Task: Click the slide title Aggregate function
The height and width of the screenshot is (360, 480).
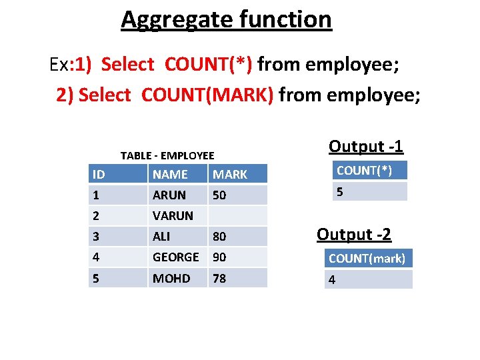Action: (226, 19)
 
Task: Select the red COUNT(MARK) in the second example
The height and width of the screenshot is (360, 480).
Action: (207, 95)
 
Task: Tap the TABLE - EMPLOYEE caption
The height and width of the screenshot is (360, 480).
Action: (167, 155)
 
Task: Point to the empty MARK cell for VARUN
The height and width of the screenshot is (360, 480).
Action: (237, 216)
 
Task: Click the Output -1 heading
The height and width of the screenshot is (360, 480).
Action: (366, 146)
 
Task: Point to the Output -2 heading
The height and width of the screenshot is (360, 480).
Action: (354, 234)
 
